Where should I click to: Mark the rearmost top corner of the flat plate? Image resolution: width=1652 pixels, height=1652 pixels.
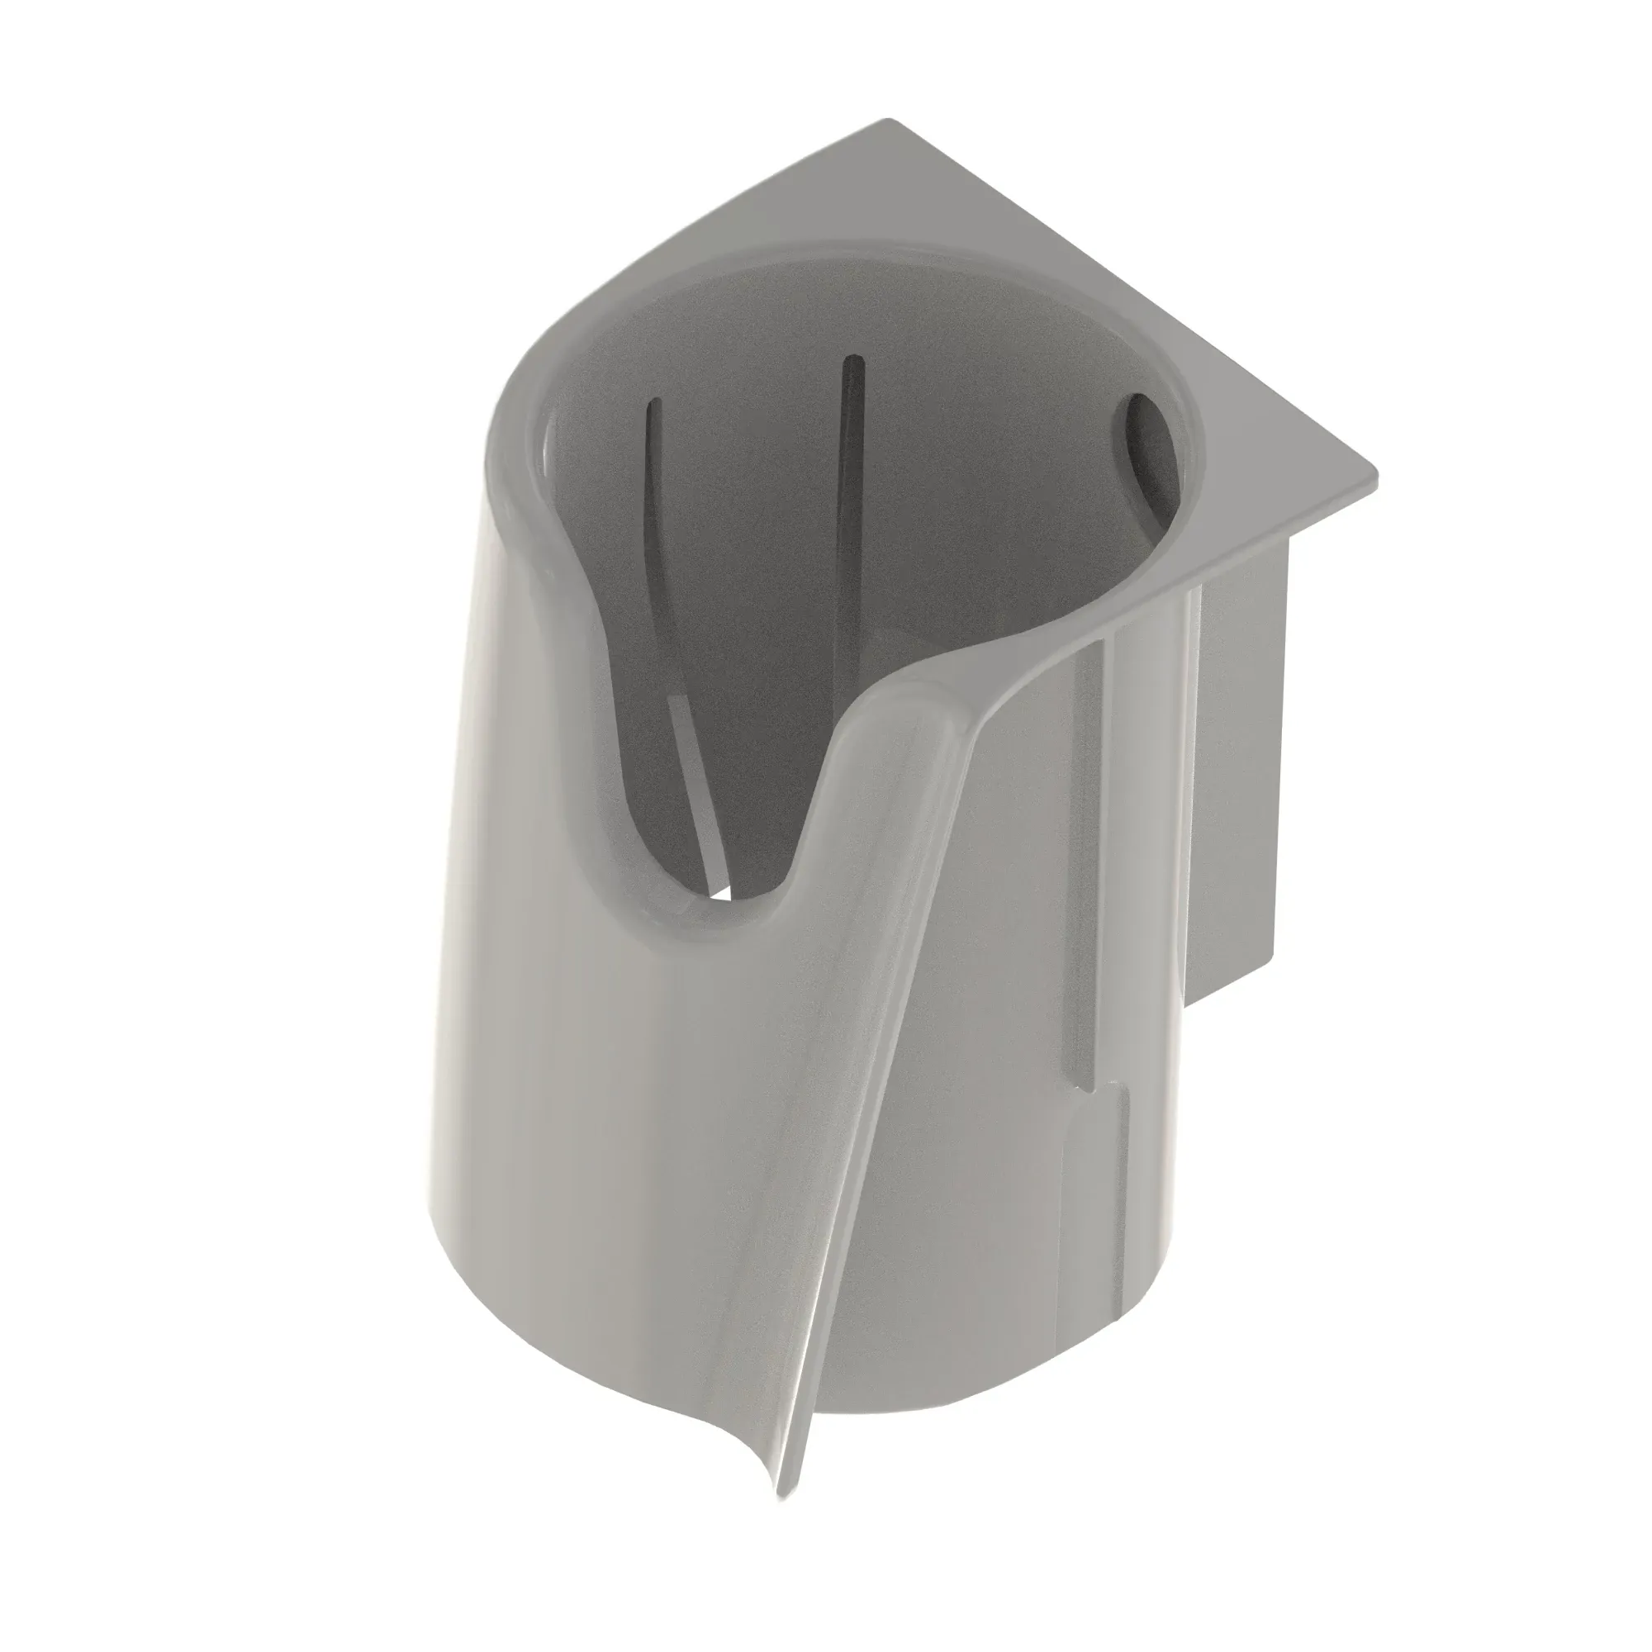[x=890, y=121]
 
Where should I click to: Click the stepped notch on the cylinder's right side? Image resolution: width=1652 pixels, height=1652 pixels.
[x=1103, y=1090]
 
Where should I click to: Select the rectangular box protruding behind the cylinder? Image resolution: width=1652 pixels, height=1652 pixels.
[x=1240, y=770]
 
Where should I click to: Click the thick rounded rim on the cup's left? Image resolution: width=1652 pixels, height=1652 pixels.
[x=513, y=479]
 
